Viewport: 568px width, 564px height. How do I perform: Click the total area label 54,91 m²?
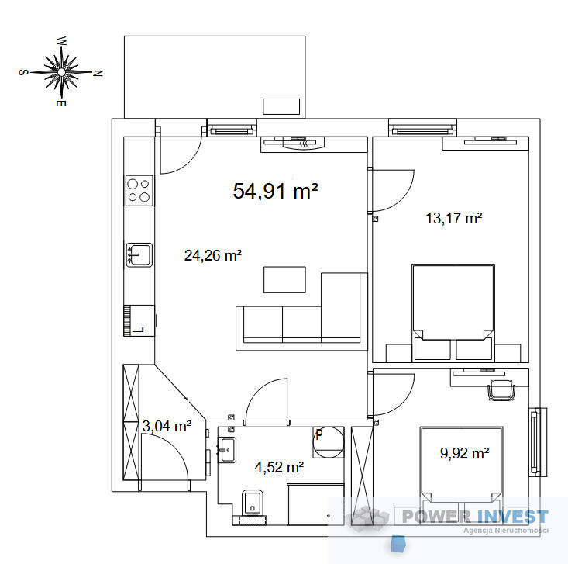[x=275, y=191]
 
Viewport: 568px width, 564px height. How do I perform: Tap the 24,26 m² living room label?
[x=213, y=255]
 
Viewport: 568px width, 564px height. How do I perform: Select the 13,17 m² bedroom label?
[x=453, y=218]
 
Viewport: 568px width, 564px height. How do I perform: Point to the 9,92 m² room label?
[x=465, y=453]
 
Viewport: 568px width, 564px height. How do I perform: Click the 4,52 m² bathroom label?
[x=279, y=467]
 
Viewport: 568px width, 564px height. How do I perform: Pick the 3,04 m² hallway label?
[x=167, y=426]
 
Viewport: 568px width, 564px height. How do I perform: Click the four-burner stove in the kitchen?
[x=139, y=190]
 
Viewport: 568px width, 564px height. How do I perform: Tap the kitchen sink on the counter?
[x=139, y=255]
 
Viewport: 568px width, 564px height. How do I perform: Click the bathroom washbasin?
[x=227, y=450]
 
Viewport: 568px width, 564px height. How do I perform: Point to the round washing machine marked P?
[x=329, y=442]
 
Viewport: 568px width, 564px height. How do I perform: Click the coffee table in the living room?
[x=284, y=279]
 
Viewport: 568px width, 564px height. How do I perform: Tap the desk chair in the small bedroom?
[x=501, y=390]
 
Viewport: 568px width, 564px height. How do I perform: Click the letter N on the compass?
[x=98, y=73]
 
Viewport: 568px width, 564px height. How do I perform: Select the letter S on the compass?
[x=22, y=72]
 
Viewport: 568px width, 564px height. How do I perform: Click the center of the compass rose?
[x=61, y=72]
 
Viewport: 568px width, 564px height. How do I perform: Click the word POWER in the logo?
[x=436, y=517]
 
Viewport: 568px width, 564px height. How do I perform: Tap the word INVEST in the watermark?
[x=512, y=517]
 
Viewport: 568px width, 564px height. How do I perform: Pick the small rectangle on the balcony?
[x=281, y=106]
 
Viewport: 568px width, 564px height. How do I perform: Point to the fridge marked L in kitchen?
[x=139, y=320]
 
